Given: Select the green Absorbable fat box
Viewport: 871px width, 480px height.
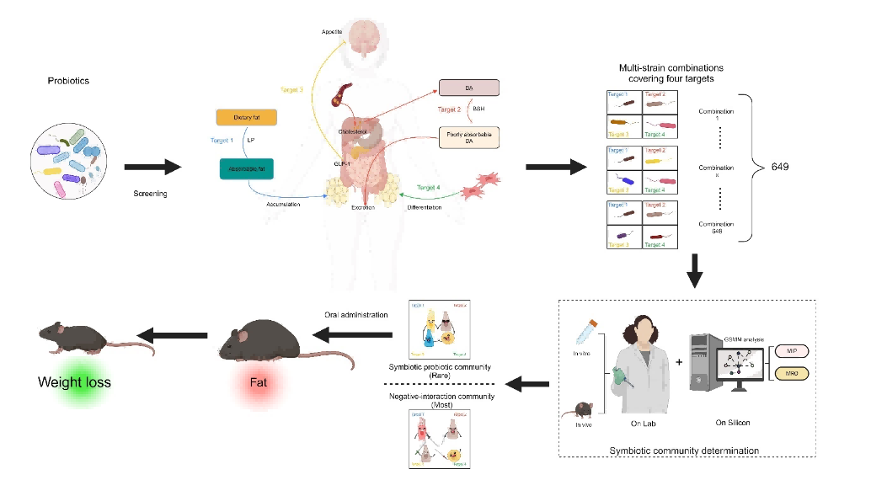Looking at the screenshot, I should tap(244, 168).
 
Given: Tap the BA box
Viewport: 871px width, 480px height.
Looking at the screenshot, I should tap(469, 88).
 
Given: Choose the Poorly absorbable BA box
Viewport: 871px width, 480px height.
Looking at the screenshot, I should tap(469, 137).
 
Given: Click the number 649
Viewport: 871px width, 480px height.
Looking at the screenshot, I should tap(780, 168).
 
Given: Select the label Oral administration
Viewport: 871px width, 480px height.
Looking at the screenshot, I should tap(356, 315).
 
